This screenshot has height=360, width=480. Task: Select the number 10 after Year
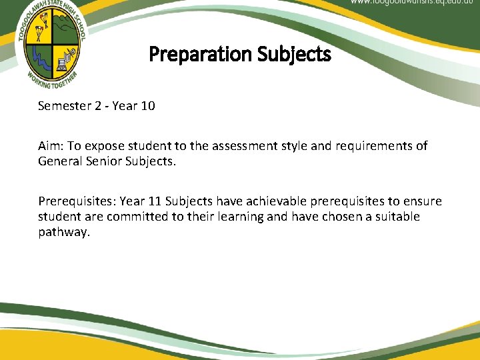pyautogui.click(x=148, y=106)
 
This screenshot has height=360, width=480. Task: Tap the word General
pyautogui.click(x=59, y=161)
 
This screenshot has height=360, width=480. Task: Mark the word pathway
pyautogui.click(x=63, y=232)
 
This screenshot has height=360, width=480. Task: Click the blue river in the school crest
pyautogui.click(x=41, y=57)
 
